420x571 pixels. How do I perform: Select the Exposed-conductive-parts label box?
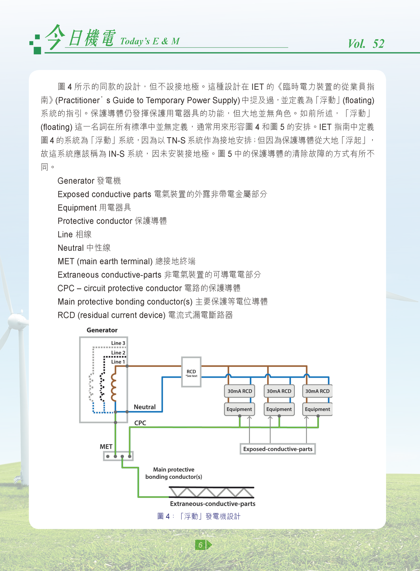(278, 449)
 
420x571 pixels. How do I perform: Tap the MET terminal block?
(118, 456)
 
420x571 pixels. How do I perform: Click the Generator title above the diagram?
(102, 330)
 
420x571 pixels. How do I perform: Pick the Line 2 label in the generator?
(118, 353)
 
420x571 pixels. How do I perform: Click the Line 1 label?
(118, 362)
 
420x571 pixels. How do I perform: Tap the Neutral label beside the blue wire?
(145, 407)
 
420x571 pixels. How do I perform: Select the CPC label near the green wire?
(140, 423)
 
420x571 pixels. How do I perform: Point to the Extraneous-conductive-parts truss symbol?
(212, 492)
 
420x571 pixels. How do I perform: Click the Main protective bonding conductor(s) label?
(174, 473)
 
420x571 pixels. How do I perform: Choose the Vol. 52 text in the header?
(366, 43)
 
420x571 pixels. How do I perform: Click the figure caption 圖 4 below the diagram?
(199, 516)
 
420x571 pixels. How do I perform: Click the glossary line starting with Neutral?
(84, 248)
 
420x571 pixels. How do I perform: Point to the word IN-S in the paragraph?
(116, 154)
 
